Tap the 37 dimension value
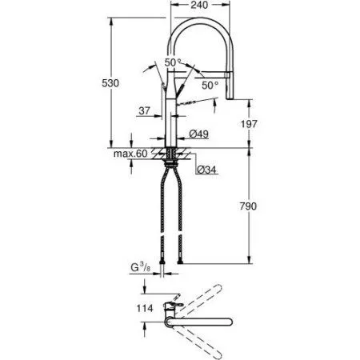144,111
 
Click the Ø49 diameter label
200,135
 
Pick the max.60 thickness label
129,153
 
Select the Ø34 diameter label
205,169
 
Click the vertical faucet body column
172,120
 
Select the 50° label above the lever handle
173,62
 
